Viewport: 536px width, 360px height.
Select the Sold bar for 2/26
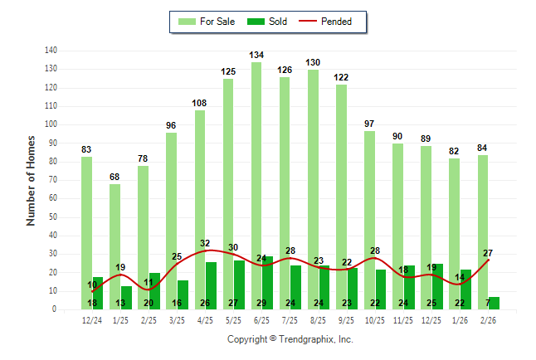point(494,303)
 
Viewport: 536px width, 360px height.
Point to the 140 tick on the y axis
point(51,51)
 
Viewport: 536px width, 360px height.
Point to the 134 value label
point(256,56)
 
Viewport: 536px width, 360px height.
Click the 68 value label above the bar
point(115,178)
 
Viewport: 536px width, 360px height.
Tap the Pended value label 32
point(205,244)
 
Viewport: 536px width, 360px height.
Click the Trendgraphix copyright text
point(290,339)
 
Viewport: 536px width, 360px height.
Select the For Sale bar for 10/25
point(368,220)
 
